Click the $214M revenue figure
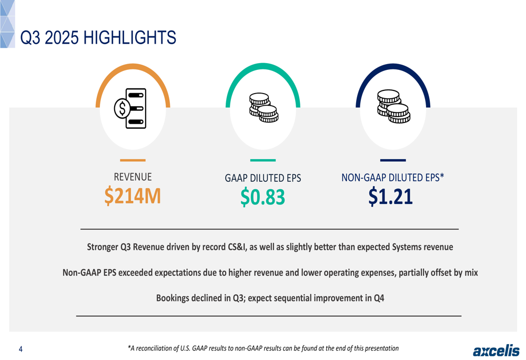(x=133, y=196)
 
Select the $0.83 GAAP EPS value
(x=262, y=197)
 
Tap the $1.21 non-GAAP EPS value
(x=390, y=197)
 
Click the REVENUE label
(x=133, y=177)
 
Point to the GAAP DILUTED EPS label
(x=262, y=178)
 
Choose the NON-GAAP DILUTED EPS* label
(x=392, y=177)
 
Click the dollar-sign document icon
(x=130, y=109)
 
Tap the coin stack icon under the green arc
(x=263, y=108)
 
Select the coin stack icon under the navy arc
(x=393, y=107)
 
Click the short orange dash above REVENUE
(x=133, y=160)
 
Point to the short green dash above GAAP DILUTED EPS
(x=262, y=160)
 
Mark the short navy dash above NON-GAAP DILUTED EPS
(x=393, y=160)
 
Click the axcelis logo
(x=495, y=351)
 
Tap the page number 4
(x=21, y=349)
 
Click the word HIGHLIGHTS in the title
(x=129, y=38)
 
